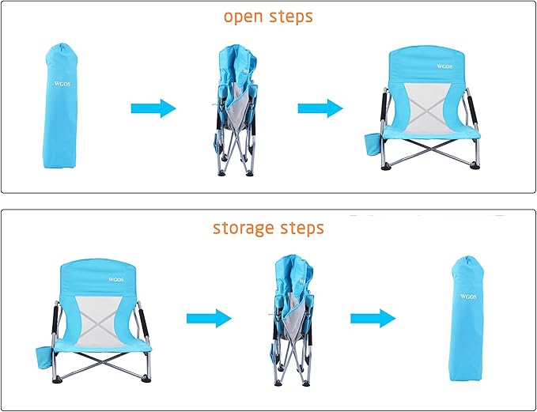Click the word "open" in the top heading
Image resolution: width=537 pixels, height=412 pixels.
point(244,17)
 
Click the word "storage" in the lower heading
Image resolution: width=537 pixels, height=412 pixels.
point(243,229)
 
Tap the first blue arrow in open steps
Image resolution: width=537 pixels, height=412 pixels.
point(153,108)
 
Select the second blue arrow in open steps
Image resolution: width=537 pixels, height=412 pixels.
point(320,108)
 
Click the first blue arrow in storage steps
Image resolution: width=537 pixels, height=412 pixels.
point(209,319)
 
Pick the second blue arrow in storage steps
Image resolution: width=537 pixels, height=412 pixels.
point(373,319)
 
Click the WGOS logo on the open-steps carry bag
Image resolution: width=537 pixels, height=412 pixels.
point(62,84)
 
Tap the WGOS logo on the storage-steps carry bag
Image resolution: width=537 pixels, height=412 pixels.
point(468,297)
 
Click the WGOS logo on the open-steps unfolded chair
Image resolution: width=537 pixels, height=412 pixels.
point(444,66)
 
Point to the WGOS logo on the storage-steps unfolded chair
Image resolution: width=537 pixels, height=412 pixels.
point(115,280)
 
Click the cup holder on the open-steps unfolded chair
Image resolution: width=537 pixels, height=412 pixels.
point(372,144)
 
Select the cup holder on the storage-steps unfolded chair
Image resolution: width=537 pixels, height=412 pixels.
point(43,357)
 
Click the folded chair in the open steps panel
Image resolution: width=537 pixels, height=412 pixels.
point(236,110)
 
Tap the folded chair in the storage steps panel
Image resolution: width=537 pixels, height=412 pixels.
point(293,320)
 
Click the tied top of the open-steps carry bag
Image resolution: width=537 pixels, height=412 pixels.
point(62,47)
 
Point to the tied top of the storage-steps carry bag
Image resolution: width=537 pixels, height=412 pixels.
point(468,260)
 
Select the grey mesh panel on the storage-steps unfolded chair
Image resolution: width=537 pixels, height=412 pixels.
point(100,321)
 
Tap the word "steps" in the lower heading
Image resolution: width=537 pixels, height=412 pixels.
point(302,229)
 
